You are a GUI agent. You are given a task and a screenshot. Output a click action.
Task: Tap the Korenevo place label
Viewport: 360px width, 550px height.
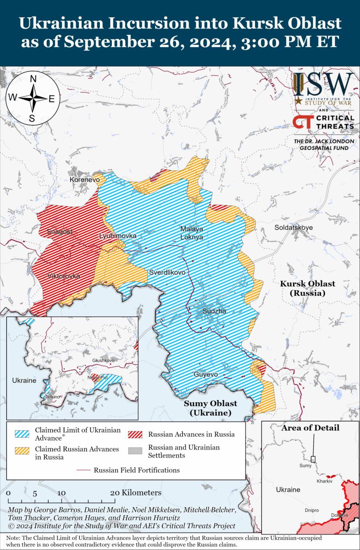(x=84, y=180)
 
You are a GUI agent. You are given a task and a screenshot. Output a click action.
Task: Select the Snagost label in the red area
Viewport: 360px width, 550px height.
(x=59, y=232)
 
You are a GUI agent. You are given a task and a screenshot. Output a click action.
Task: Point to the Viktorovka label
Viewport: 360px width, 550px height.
(x=63, y=276)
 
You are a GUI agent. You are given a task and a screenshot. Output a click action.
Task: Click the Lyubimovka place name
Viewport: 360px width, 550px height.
(x=118, y=236)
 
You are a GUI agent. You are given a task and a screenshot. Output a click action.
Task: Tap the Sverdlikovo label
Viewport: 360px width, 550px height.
(x=167, y=272)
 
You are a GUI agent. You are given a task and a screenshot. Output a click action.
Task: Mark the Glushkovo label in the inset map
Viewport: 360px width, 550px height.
(x=103, y=361)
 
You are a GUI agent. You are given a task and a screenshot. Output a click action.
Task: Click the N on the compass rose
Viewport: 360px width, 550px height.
(x=33, y=79)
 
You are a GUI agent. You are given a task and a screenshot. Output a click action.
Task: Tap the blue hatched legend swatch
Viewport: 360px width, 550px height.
(x=22, y=434)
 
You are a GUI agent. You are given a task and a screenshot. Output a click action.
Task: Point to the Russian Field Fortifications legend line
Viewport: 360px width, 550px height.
(x=84, y=470)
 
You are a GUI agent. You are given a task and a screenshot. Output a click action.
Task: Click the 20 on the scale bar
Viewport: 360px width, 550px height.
(x=116, y=493)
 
